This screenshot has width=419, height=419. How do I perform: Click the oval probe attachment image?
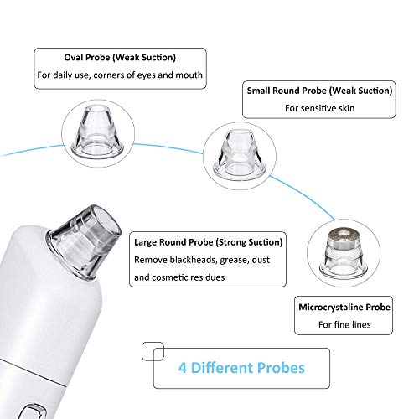point(98,131)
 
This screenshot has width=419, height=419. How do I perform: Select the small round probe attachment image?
point(240,154)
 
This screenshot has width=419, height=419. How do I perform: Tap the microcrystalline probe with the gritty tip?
point(344,252)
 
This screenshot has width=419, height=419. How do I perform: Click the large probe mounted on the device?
point(85,241)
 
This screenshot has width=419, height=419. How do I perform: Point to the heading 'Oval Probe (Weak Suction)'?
point(120,58)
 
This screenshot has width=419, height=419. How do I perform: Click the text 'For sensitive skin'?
point(320,108)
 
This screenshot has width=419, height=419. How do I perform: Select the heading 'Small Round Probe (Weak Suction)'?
point(319,91)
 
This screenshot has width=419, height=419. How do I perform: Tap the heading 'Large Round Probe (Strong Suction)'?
point(209,242)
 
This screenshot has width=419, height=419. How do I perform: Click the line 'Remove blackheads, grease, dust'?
point(202,260)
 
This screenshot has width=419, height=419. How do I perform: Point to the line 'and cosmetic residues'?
point(179,277)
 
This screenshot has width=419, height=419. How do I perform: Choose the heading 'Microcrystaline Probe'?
point(344,308)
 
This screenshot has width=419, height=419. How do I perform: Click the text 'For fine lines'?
point(344,324)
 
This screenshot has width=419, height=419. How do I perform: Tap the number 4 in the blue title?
point(183,368)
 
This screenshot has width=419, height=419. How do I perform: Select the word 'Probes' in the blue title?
point(281,368)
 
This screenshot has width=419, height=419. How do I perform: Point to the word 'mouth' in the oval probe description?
point(189,75)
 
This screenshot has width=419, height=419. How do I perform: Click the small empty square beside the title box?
point(153,351)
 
